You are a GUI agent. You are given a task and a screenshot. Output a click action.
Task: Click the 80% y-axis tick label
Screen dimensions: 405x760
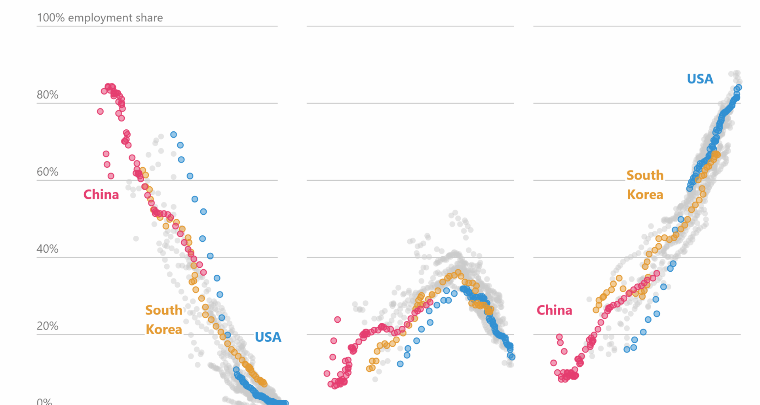click(x=47, y=95)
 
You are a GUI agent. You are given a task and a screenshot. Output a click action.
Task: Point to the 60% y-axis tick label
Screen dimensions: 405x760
click(x=47, y=172)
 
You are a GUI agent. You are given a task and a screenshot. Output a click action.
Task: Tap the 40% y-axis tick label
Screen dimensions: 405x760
click(x=47, y=249)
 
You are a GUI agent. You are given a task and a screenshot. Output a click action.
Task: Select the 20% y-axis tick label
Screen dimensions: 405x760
click(x=47, y=326)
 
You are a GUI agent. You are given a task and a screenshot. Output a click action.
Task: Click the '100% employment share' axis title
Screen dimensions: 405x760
click(x=100, y=18)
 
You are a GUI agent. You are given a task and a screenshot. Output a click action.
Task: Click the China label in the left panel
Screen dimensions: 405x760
click(x=101, y=195)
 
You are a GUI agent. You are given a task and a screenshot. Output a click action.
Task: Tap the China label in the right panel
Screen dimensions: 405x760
click(x=554, y=310)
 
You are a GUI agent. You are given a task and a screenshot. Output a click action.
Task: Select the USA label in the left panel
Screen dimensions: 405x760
click(x=268, y=337)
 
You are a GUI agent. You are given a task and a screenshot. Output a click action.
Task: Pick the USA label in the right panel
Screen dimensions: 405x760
click(x=700, y=79)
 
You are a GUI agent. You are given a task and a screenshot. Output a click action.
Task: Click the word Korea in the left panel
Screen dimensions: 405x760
click(x=164, y=329)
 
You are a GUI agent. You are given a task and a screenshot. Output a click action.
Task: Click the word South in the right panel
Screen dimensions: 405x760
click(x=645, y=175)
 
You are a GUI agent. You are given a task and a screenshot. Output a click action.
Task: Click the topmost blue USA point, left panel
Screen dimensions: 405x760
click(x=173, y=134)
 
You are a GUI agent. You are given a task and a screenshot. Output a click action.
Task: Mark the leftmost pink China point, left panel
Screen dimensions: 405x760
click(x=100, y=112)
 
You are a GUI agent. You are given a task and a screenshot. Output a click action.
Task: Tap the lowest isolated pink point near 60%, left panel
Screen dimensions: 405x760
click(x=111, y=176)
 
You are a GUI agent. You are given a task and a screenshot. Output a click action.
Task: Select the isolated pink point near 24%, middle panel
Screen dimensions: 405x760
click(x=337, y=320)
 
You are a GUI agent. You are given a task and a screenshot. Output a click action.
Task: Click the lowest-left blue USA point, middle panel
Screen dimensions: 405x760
click(x=400, y=364)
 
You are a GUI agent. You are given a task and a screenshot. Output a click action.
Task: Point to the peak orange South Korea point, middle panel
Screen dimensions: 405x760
click(x=458, y=272)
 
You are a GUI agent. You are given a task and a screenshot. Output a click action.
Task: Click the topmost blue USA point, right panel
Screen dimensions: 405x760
click(x=739, y=87)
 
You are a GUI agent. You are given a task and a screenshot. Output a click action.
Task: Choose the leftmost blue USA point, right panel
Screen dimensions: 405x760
click(x=627, y=349)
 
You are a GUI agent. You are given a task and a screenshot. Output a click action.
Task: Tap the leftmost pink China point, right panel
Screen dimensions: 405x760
click(x=553, y=363)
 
